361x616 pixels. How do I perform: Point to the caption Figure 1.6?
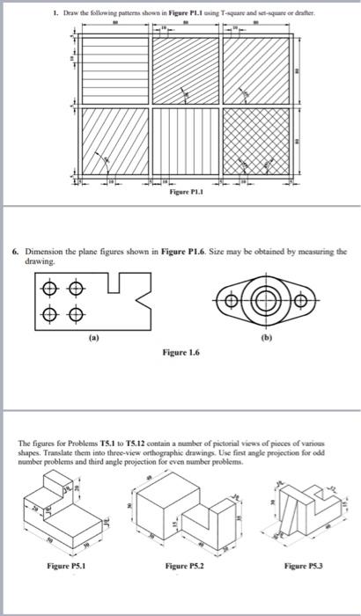pos(181,350)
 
